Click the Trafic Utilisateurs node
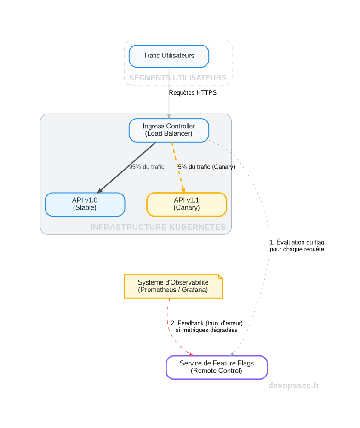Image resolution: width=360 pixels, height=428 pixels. (x=169, y=56)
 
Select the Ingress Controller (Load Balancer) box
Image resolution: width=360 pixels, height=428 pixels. (x=169, y=130)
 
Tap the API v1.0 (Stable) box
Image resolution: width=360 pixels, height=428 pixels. (x=85, y=204)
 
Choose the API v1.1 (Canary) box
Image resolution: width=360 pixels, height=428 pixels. (x=186, y=204)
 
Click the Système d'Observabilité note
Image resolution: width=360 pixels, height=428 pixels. (x=173, y=286)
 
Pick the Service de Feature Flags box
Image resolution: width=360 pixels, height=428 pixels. (x=216, y=367)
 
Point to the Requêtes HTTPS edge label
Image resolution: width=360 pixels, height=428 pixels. (x=193, y=93)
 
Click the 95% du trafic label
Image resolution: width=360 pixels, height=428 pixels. (x=147, y=167)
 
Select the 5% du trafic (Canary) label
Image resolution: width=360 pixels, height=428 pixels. (x=206, y=167)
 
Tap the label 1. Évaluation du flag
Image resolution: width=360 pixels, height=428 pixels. (x=297, y=242)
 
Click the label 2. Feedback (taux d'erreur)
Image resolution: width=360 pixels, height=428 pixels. (x=206, y=323)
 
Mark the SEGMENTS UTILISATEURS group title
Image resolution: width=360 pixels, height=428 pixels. (x=177, y=78)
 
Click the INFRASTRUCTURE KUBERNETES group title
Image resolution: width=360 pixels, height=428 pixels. (x=158, y=227)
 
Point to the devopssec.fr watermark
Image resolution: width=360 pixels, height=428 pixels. (x=293, y=386)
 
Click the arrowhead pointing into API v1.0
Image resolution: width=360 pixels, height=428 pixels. (x=99, y=191)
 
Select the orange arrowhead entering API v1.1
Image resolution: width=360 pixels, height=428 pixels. (x=183, y=189)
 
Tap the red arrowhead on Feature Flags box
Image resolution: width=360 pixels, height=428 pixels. (x=190, y=354)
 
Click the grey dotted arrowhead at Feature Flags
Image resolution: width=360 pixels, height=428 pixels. (x=232, y=354)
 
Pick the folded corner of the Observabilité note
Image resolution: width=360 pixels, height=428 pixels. (x=220, y=277)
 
